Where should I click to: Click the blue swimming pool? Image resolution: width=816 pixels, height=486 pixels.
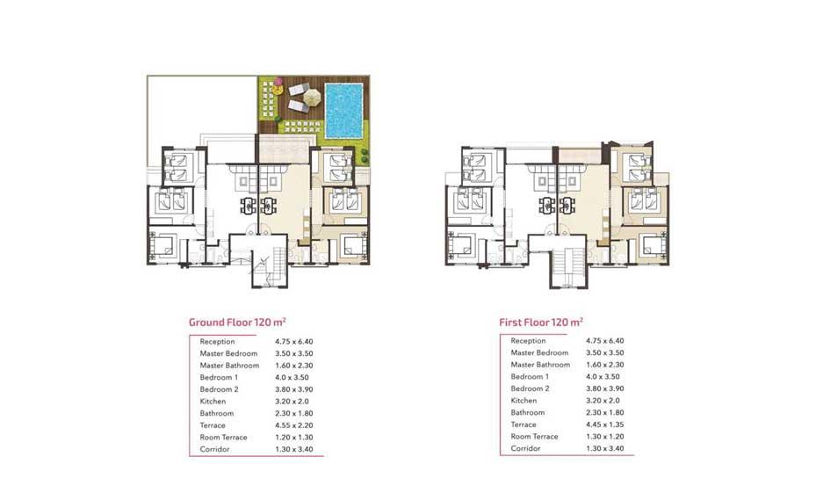click(x=343, y=111)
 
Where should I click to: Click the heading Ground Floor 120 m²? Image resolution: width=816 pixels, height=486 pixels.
click(x=237, y=322)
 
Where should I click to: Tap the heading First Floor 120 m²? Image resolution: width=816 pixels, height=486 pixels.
click(x=541, y=322)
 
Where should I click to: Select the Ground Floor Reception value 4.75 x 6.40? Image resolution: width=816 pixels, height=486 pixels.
click(x=294, y=342)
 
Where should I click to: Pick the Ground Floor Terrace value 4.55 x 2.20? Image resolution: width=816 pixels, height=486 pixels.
click(x=294, y=425)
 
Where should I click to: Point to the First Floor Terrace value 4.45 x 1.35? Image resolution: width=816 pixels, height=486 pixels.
click(x=604, y=424)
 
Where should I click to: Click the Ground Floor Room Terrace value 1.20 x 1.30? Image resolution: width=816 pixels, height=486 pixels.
click(x=294, y=437)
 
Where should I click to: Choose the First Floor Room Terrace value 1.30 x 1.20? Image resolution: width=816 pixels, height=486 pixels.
click(x=604, y=437)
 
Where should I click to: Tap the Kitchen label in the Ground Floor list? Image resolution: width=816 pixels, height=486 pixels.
click(x=213, y=401)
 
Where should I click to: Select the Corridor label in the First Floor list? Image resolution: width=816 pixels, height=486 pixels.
click(x=525, y=448)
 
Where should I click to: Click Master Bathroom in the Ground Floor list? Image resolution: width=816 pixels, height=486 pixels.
click(x=229, y=366)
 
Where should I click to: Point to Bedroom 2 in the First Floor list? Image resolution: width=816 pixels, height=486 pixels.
click(x=530, y=388)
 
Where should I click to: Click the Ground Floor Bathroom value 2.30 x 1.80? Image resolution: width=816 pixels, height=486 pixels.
click(x=294, y=413)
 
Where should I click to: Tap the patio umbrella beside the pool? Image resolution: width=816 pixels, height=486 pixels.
click(x=312, y=97)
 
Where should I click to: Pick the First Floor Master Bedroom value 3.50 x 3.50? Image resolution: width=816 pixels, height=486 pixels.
click(x=604, y=352)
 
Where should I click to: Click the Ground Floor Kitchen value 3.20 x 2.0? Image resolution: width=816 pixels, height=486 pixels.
click(x=292, y=401)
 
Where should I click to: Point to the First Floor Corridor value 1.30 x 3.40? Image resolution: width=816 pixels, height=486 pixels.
click(x=604, y=448)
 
